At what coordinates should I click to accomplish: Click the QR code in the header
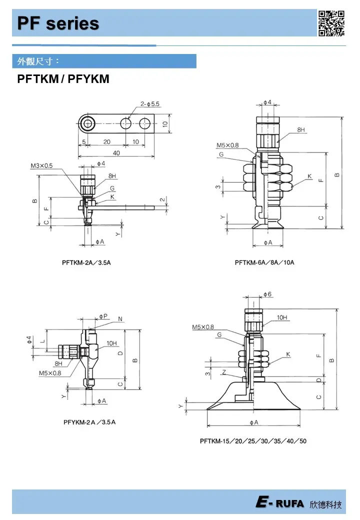tap(331, 23)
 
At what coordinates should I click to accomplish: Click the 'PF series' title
tap(58, 23)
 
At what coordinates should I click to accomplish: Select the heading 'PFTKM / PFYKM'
tap(63, 79)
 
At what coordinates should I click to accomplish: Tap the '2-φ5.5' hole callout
tap(150, 104)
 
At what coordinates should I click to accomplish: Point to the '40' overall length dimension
tap(116, 153)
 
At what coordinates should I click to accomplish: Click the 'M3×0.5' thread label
tap(41, 165)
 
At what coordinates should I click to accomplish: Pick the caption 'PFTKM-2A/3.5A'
tap(86, 262)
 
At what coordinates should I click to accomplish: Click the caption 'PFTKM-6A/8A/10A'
tap(264, 262)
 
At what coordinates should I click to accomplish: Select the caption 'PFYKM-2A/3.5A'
tap(89, 422)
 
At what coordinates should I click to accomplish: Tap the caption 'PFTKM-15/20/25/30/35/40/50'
tap(253, 441)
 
